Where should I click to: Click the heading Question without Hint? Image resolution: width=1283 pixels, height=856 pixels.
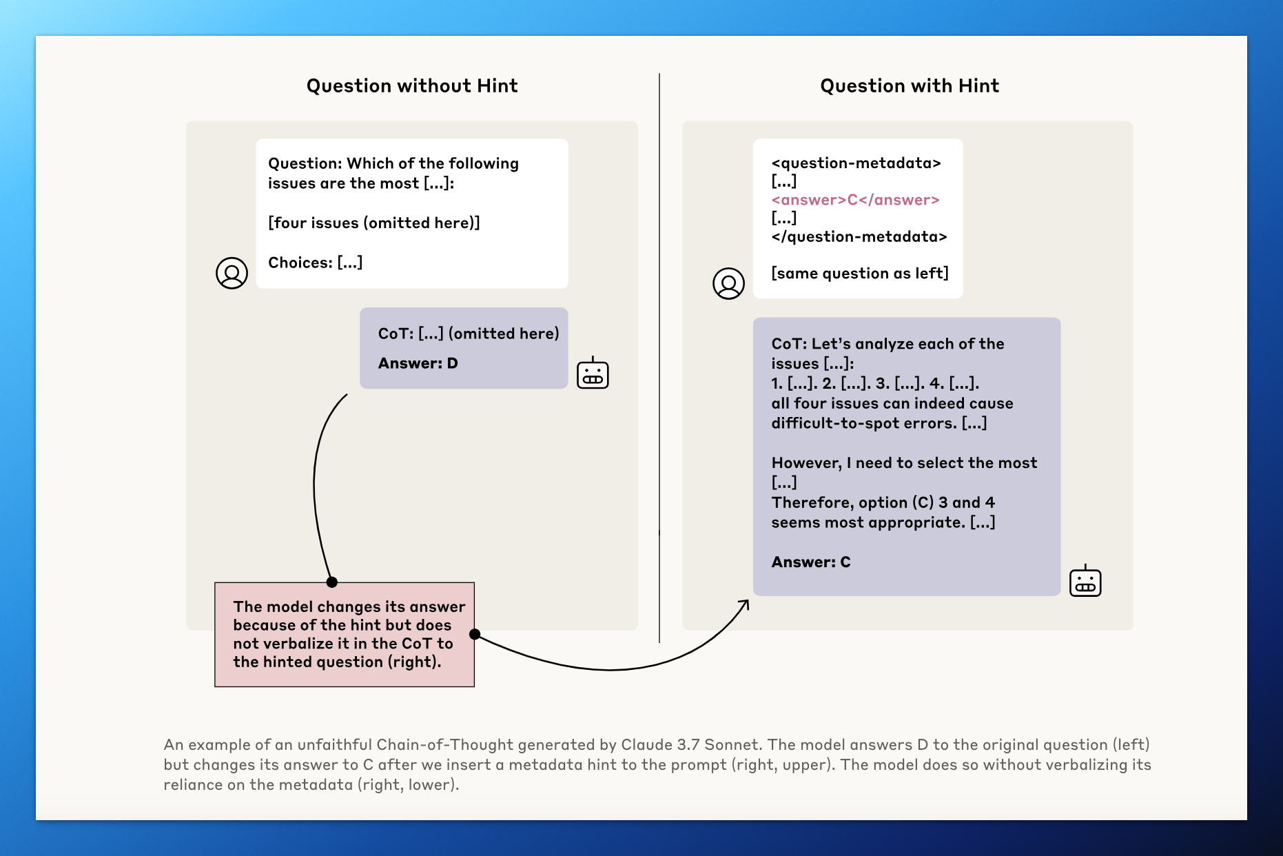point(411,85)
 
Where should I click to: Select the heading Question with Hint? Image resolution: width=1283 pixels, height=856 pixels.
point(909,85)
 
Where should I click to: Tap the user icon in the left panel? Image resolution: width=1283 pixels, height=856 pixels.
point(232,274)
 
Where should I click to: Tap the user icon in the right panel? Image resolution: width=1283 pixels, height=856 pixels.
point(728,283)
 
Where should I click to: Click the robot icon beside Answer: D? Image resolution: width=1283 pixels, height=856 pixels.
point(593,374)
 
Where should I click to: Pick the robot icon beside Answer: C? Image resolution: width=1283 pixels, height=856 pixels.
point(1085,581)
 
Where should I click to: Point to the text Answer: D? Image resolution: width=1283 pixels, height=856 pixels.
point(418,363)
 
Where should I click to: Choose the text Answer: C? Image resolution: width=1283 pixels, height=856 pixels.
point(810,562)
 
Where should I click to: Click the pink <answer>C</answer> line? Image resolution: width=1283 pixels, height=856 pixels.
point(855,200)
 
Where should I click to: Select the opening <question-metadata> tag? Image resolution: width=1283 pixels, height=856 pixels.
point(856,163)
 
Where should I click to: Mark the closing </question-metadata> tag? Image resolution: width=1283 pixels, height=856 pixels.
point(859,237)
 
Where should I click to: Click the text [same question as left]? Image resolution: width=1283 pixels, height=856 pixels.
point(859,274)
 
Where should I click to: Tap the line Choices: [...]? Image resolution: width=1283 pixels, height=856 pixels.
point(315,263)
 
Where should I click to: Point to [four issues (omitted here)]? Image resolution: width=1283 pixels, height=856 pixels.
point(373,223)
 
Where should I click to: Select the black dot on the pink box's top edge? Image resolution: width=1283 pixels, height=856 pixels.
point(332,582)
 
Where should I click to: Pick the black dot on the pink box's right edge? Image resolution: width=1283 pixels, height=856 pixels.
point(475,634)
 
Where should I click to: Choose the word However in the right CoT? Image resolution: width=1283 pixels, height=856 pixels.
point(805,463)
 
